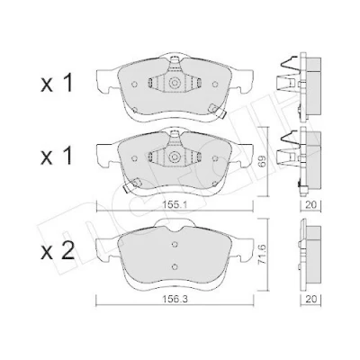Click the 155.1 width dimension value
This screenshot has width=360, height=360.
coord(175,205)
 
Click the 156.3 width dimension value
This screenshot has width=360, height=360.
coord(175,299)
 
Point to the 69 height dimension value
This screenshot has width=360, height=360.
coord(262,160)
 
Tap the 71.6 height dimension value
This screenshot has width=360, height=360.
coord(262,256)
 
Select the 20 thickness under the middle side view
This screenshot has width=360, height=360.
coord(310,205)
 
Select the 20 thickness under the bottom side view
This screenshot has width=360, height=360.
coord(310,299)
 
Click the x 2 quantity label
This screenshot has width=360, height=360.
coord(57,253)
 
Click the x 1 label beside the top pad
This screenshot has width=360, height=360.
coord(57,83)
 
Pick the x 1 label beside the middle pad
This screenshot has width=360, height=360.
coord(57,156)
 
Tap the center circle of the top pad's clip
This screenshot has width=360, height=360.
coord(175,83)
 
